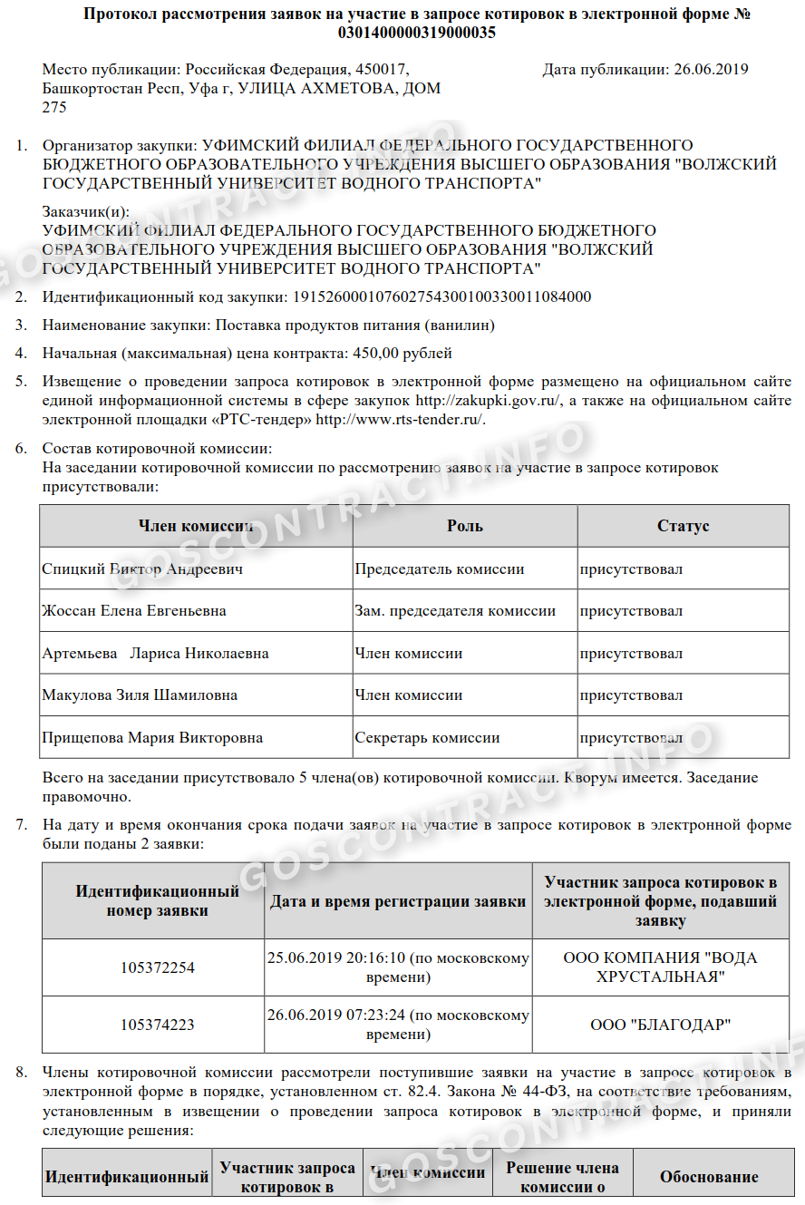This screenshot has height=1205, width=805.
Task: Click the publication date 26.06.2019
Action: click(x=711, y=69)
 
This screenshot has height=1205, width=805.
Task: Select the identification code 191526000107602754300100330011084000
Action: click(x=440, y=296)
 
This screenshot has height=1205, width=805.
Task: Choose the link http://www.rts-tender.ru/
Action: click(x=400, y=419)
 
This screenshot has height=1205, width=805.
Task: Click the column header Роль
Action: click(x=465, y=526)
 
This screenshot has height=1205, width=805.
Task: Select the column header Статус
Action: click(x=683, y=526)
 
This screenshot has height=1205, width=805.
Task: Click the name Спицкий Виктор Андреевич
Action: click(x=142, y=569)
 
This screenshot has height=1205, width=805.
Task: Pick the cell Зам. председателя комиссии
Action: click(x=455, y=610)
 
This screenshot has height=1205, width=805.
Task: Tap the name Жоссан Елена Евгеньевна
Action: click(x=134, y=610)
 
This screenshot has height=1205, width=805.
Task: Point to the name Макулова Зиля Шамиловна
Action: click(x=140, y=695)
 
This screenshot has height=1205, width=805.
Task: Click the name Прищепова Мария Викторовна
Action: click(x=152, y=737)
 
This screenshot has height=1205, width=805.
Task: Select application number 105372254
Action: click(x=158, y=967)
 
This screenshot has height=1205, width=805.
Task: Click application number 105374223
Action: click(x=158, y=1025)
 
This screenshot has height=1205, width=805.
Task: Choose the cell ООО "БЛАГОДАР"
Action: click(x=660, y=1025)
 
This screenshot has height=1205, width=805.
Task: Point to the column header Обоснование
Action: click(x=709, y=1177)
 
